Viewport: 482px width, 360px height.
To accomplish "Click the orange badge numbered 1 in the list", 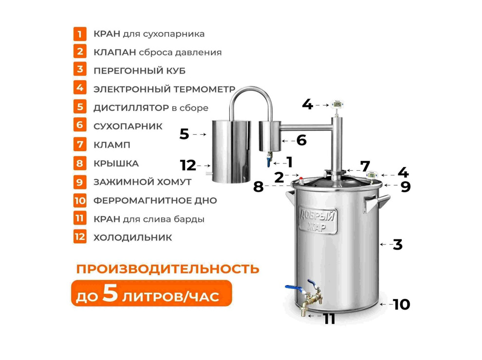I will (x=80, y=34).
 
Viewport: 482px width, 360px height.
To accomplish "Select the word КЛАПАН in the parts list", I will (x=111, y=52).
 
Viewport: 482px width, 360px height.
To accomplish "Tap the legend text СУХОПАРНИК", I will (x=128, y=126).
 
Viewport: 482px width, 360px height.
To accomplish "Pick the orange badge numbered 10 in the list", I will (x=80, y=200).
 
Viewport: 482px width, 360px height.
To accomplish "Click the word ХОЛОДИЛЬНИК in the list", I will (x=132, y=237).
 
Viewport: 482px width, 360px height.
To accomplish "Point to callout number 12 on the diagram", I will (x=187, y=165).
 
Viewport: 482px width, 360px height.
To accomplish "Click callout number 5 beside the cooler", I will (x=184, y=134).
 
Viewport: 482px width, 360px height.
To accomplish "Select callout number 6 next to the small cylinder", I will (x=301, y=140).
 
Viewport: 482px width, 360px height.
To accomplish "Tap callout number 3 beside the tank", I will (x=397, y=245).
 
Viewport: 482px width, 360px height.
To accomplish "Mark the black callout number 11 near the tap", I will (x=330, y=319).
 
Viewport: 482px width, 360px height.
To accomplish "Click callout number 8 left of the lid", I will (x=258, y=186).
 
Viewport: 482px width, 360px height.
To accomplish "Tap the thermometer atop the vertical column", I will (x=337, y=104).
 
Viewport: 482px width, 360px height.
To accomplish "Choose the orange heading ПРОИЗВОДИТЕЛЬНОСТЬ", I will (x=167, y=269).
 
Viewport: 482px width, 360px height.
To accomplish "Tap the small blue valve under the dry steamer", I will (x=268, y=161).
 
